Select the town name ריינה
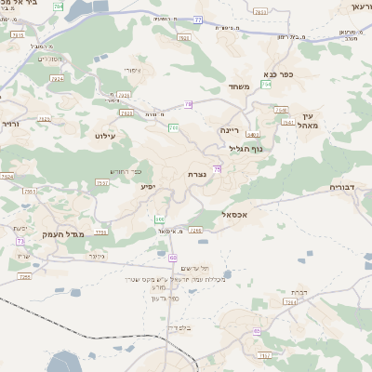(x=230, y=130)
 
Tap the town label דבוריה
(x=343, y=187)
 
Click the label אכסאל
(x=237, y=214)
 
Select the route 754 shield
(x=267, y=85)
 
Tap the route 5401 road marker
(x=253, y=136)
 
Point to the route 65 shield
(x=256, y=331)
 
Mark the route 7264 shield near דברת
(x=290, y=302)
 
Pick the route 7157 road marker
(x=101, y=182)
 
